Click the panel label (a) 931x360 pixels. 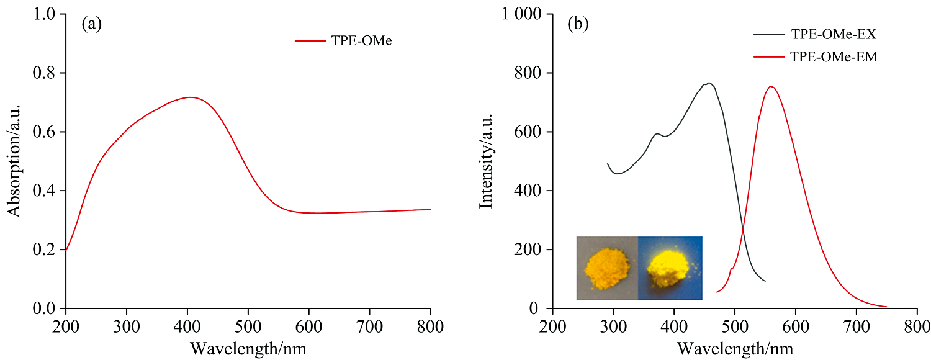(91, 25)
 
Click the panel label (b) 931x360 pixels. (578, 25)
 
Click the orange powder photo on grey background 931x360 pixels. (606, 268)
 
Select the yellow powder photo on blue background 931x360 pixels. (670, 268)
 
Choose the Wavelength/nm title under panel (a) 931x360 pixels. (248, 348)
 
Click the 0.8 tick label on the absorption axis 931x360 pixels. (44, 73)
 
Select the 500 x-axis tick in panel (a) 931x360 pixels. (248, 325)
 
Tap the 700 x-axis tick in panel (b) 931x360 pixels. (856, 325)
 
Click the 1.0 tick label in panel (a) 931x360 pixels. (44, 14)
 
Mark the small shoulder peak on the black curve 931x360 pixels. (657, 133)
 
